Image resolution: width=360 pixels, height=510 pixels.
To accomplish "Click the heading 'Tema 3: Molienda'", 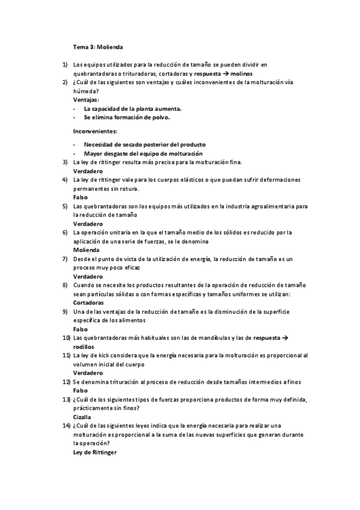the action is [x=99, y=46].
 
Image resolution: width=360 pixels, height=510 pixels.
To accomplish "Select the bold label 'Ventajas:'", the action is [x=87, y=99].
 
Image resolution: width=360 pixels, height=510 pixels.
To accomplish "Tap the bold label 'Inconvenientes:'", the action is [x=95, y=131].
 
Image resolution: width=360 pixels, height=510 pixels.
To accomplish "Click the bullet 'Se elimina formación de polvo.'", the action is [x=127, y=117].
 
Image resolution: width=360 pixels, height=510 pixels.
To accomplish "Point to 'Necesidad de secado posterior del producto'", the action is [x=144, y=144].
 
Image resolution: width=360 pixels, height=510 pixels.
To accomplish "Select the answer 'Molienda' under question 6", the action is [x=87, y=250].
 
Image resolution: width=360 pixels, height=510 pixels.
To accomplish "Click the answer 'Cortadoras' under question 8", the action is [x=89, y=303].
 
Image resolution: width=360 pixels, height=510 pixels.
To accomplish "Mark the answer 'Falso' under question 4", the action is [x=81, y=197].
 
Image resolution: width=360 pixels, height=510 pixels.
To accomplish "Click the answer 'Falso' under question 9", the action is [x=81, y=329].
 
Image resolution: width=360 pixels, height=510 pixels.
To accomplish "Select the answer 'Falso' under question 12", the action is [x=81, y=390].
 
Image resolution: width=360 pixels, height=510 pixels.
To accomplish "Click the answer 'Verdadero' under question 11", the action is [x=88, y=373].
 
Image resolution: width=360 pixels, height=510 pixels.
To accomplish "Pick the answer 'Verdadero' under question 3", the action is [x=88, y=171].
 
